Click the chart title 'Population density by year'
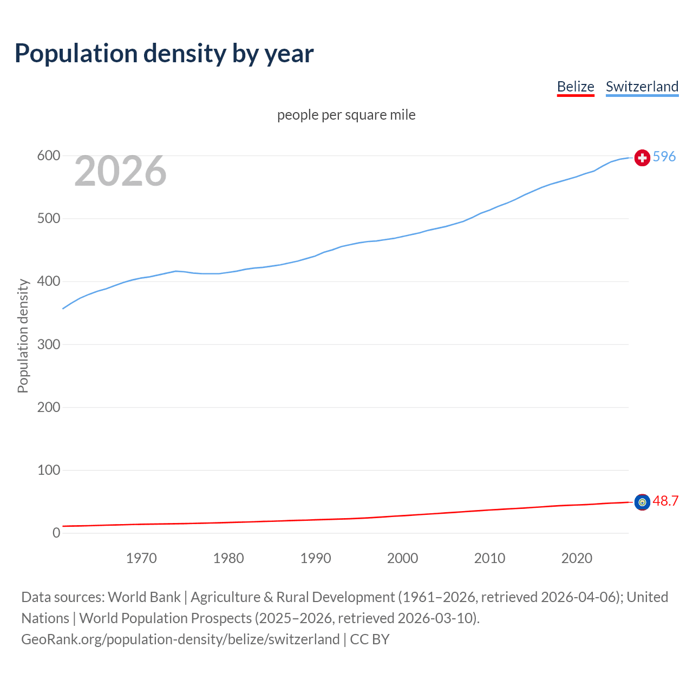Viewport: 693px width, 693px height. point(164,54)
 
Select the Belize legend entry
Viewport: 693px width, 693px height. point(576,87)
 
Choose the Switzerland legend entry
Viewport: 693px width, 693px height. point(642,87)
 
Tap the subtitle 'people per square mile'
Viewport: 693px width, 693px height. point(346,115)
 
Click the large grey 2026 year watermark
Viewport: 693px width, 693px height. point(120,171)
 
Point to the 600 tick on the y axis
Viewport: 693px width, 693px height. point(48,156)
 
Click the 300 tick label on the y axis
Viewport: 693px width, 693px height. point(48,344)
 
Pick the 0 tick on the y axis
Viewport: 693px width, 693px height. point(56,533)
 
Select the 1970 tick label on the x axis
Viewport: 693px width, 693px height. point(141,558)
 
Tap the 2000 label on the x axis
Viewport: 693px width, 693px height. point(402,558)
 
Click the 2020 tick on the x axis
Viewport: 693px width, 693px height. point(577,558)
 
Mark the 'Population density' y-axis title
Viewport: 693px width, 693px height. point(23,336)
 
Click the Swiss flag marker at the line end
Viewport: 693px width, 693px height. point(642,158)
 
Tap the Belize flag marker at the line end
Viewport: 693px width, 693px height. point(642,502)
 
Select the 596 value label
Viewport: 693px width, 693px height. point(664,156)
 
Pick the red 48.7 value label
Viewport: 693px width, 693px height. point(665,501)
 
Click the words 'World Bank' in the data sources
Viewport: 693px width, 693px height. point(144,597)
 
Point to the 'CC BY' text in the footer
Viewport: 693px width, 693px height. point(370,639)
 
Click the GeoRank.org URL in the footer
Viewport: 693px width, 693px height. point(180,639)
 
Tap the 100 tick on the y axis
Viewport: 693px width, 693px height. point(48,470)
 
